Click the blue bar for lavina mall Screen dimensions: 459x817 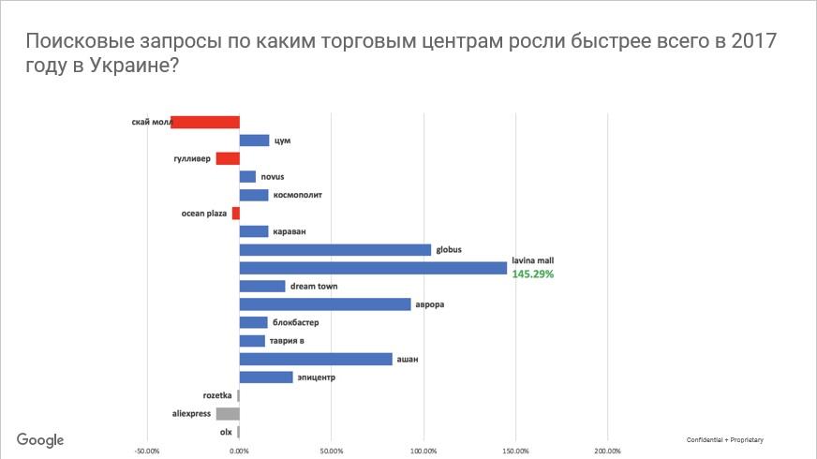point(373,268)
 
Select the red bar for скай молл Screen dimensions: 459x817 point(205,122)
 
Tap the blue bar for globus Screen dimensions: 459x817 point(335,250)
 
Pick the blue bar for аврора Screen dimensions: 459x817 point(325,304)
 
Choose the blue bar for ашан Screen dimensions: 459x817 point(316,359)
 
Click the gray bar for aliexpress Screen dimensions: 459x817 point(228,413)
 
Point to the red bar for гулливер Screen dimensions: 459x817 point(228,158)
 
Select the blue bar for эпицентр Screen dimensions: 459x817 point(266,378)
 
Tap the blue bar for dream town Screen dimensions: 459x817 point(262,287)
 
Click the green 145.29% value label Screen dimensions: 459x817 point(533,274)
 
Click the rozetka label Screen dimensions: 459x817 point(217,395)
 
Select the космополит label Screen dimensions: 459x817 point(301,195)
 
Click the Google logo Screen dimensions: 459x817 point(39,440)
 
